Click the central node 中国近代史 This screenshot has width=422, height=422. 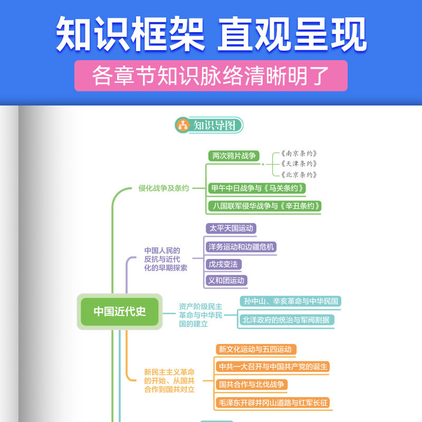click(120, 312)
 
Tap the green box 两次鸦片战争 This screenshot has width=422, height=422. click(234, 156)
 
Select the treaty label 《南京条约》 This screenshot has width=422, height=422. click(299, 154)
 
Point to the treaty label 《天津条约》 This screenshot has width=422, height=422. click(299, 164)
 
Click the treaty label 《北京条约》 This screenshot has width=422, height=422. click(299, 175)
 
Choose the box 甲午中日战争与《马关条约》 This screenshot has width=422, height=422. click(257, 188)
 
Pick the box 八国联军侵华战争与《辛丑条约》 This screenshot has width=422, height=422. click(265, 206)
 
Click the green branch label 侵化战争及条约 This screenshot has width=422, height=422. click(164, 188)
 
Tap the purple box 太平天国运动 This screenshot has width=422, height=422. click(231, 228)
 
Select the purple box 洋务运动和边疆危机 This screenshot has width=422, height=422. click(241, 247)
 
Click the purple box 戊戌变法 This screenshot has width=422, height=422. click(223, 264)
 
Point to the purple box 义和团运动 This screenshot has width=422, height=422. click(226, 281)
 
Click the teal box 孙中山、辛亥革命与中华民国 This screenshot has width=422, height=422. click(291, 301)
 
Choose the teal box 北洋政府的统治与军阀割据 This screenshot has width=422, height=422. click(287, 320)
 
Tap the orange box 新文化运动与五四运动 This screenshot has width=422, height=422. click(256, 349)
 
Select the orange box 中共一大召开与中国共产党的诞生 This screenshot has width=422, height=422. click(273, 367)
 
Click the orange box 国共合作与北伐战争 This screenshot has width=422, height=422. click(252, 385)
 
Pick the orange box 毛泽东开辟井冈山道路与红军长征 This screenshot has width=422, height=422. click(273, 402)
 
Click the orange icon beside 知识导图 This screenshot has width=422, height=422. click(183, 125)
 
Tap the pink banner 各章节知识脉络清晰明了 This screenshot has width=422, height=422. click(211, 75)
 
